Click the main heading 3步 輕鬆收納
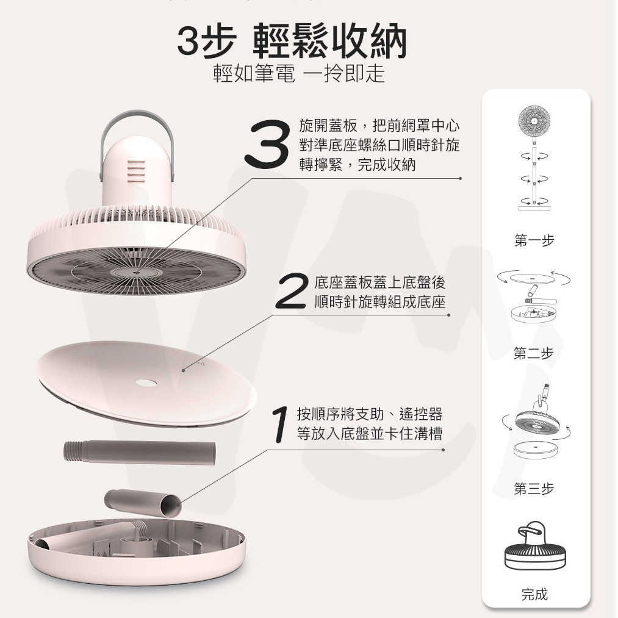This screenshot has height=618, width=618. [x=292, y=41]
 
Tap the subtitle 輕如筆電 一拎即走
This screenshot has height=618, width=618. [x=298, y=74]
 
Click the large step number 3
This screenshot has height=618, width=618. [x=267, y=144]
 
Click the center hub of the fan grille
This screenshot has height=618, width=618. [x=135, y=271]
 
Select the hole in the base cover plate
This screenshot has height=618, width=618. [x=146, y=383]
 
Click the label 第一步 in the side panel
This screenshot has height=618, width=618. [x=534, y=241]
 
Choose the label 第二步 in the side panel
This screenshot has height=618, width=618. [x=534, y=353]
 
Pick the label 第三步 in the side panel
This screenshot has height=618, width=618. [x=534, y=489]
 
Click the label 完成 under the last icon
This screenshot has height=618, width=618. [x=534, y=594]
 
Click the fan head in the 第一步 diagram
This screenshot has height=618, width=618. [x=534, y=122]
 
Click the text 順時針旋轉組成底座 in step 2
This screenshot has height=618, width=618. [x=379, y=303]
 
